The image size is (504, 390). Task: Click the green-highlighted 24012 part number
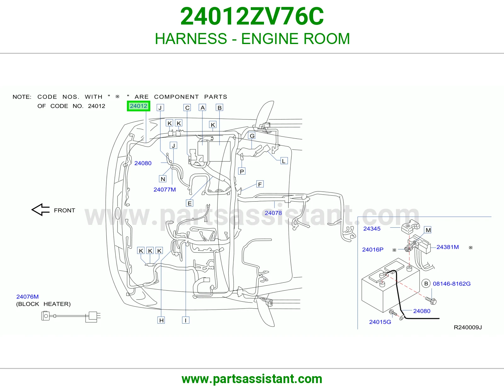click(139, 106)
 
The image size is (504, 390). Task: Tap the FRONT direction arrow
click(41, 210)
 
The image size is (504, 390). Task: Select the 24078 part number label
click(273, 213)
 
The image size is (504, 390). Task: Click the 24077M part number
click(165, 189)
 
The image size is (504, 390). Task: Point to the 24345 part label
click(372, 229)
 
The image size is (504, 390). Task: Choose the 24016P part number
click(373, 249)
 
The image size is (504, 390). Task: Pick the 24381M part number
click(448, 247)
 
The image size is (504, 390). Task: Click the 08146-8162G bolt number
click(452, 283)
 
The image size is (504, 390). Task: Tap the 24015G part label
click(380, 322)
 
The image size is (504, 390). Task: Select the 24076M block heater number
click(27, 297)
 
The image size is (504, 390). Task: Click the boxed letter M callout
click(428, 230)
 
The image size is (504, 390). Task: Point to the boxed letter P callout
click(242, 171)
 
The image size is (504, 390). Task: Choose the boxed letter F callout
click(260, 184)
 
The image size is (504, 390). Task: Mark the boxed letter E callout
click(190, 203)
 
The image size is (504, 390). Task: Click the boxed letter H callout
click(161, 320)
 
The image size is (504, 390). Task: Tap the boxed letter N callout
click(163, 179)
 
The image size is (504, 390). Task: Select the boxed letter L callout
click(284, 161)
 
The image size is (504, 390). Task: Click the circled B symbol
click(426, 283)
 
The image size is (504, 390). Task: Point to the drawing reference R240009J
click(467, 327)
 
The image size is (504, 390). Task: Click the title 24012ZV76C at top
click(252, 16)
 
